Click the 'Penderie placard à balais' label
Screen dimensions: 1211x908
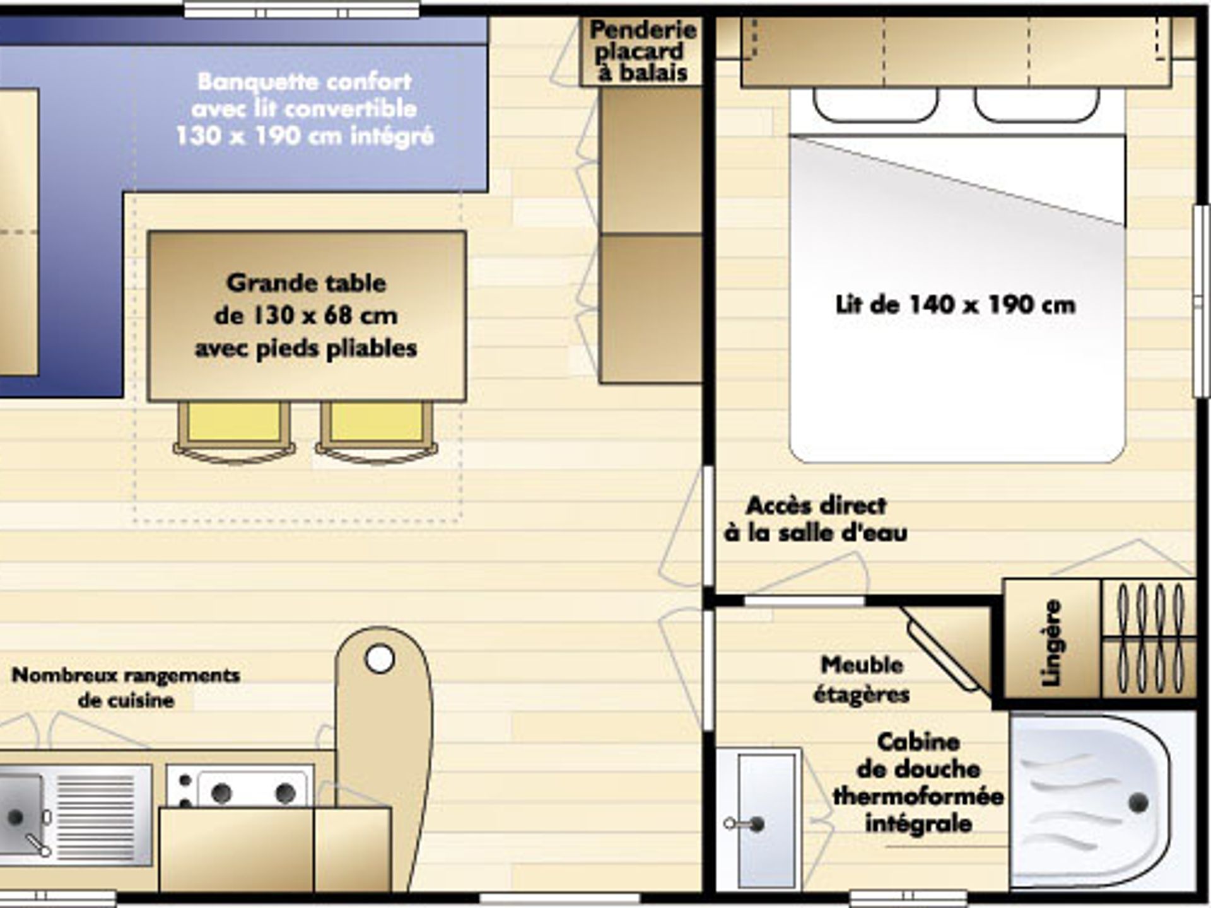click(643, 51)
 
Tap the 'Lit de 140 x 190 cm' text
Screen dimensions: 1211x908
click(955, 305)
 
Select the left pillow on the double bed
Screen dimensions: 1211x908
click(875, 105)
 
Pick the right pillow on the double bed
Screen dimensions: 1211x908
click(1037, 105)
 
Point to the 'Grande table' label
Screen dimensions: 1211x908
click(306, 283)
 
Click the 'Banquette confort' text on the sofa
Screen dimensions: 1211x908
click(305, 81)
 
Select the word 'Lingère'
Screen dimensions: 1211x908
click(1051, 643)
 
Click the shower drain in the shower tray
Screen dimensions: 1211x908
click(1138, 803)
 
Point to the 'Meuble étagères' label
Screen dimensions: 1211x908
click(862, 680)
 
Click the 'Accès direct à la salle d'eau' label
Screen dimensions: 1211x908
click(816, 520)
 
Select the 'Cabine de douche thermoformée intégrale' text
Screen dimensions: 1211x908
click(918, 783)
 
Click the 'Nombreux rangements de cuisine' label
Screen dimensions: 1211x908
click(126, 687)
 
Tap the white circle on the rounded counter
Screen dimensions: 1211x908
click(380, 660)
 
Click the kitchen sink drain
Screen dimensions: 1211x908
click(15, 817)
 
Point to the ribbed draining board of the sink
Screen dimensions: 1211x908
click(96, 813)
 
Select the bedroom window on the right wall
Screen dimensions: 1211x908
click(1202, 301)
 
